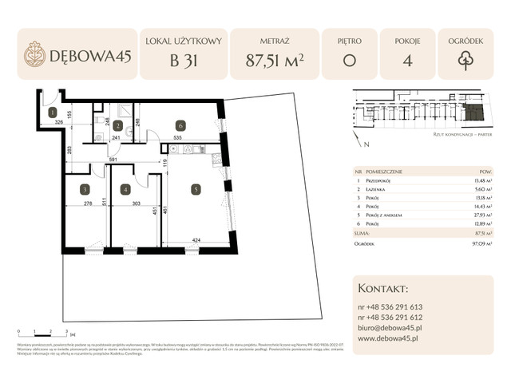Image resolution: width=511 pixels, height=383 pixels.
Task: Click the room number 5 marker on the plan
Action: [x=196, y=190]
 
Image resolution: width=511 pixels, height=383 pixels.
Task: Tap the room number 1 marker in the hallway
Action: [x=51, y=113]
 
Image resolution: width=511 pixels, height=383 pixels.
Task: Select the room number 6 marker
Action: [x=181, y=125]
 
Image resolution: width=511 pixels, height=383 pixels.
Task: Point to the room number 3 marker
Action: [x=84, y=190]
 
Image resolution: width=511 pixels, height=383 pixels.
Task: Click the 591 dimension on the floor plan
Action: [x=113, y=160]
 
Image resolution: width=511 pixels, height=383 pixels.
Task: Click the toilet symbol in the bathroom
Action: [x=99, y=137]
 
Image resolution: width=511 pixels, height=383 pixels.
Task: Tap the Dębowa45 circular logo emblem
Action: [x=34, y=53]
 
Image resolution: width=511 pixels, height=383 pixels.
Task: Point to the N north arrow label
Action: [x=366, y=145]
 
